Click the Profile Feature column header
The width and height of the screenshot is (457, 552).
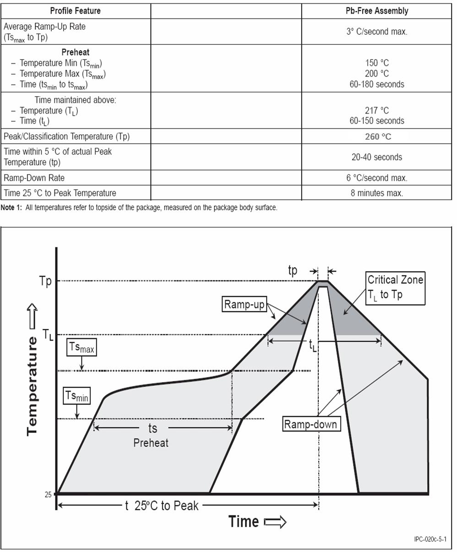click(75, 11)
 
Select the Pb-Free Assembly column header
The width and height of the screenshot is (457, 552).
click(376, 11)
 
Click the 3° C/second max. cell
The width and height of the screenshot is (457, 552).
click(376, 32)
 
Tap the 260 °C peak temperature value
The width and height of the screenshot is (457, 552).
click(378, 137)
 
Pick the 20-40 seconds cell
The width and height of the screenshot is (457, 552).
click(376, 157)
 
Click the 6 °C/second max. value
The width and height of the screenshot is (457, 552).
click(376, 178)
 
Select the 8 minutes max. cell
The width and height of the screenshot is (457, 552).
click(376, 193)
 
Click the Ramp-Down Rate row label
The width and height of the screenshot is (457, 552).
click(34, 178)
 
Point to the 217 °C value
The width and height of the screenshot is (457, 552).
click(377, 110)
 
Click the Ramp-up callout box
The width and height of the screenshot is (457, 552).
click(245, 304)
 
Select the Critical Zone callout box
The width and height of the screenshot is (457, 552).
click(396, 287)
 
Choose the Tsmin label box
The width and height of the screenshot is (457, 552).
click(76, 396)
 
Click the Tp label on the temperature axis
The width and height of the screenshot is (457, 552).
click(45, 281)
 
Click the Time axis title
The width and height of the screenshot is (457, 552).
click(244, 521)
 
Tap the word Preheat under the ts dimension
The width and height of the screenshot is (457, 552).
click(151, 443)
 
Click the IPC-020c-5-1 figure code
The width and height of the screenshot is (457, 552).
click(430, 539)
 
